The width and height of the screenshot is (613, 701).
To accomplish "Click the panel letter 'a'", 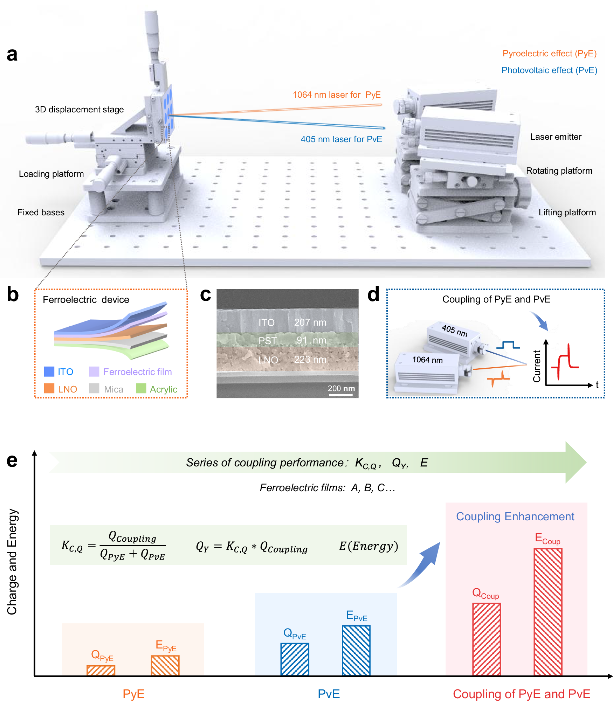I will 12,55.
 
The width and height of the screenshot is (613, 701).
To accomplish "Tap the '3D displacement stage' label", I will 79,110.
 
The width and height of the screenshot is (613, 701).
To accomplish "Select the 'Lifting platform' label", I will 567,213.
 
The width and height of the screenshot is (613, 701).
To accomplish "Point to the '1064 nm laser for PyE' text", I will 336,95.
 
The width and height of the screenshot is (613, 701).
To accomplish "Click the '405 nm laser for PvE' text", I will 341,139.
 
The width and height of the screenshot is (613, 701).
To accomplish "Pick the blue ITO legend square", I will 49,372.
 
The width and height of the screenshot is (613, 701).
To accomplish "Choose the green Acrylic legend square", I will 141,389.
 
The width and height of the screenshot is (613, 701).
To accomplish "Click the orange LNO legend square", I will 49,389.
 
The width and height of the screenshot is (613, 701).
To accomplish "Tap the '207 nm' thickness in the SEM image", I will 310,322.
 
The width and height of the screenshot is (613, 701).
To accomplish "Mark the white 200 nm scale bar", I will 340,395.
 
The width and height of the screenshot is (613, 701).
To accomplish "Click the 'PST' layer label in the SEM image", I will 268,341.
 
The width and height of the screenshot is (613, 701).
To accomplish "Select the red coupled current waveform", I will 565,362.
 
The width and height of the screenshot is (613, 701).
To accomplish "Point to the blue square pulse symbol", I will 508,345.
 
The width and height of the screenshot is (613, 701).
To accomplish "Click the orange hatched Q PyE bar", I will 101,670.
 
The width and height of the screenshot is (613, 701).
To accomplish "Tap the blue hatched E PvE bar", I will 356,650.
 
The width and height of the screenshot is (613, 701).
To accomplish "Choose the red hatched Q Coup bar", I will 487,639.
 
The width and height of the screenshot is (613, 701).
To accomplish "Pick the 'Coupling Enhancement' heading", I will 515,516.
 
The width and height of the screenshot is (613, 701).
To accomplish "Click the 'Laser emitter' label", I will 556,137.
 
